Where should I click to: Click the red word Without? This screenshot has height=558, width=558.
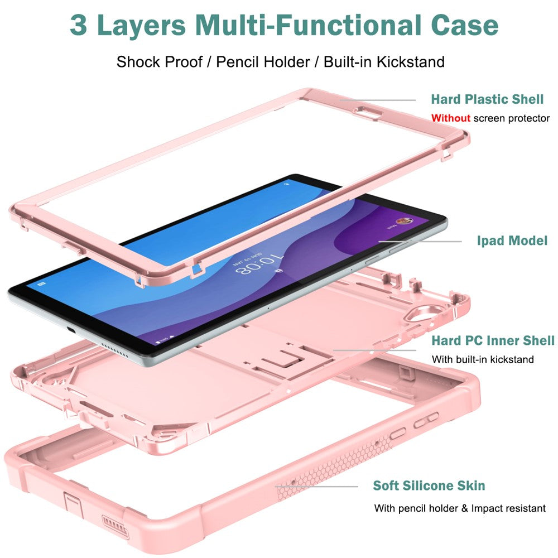[451, 118]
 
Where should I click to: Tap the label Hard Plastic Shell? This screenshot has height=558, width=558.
[487, 99]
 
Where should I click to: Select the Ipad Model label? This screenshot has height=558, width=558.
[512, 241]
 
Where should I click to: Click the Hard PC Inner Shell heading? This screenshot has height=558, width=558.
[493, 340]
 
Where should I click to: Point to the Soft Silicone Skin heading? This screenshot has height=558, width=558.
[429, 485]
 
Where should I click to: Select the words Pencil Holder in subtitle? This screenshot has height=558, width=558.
[263, 61]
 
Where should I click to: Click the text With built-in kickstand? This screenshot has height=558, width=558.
[483, 359]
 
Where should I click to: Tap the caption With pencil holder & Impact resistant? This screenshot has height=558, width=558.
[460, 508]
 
